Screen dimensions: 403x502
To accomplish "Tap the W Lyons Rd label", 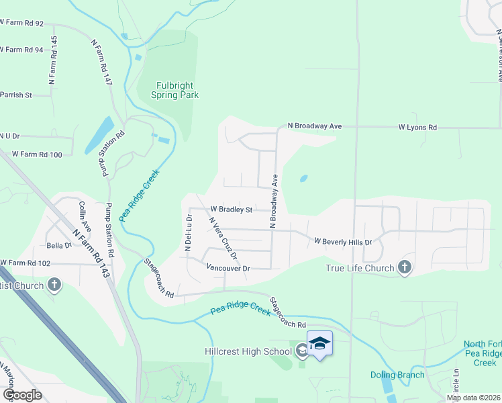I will [417, 126].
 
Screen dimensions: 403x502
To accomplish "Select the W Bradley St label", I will [230, 210].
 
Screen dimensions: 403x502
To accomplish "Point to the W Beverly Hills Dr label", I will [342, 240].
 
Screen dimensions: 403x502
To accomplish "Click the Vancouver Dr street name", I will [228, 268].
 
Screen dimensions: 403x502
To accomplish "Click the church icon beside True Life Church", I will [404, 268].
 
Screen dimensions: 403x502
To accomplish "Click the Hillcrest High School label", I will [248, 351].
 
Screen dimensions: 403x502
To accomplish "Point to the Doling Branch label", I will [397, 375].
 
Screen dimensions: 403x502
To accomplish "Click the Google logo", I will [22, 395].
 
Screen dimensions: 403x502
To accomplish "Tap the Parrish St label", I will [16, 95].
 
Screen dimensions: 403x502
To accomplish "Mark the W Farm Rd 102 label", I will [25, 263].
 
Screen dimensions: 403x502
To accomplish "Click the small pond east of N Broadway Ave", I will [304, 179].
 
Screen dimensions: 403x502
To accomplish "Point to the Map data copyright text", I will [474, 398].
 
